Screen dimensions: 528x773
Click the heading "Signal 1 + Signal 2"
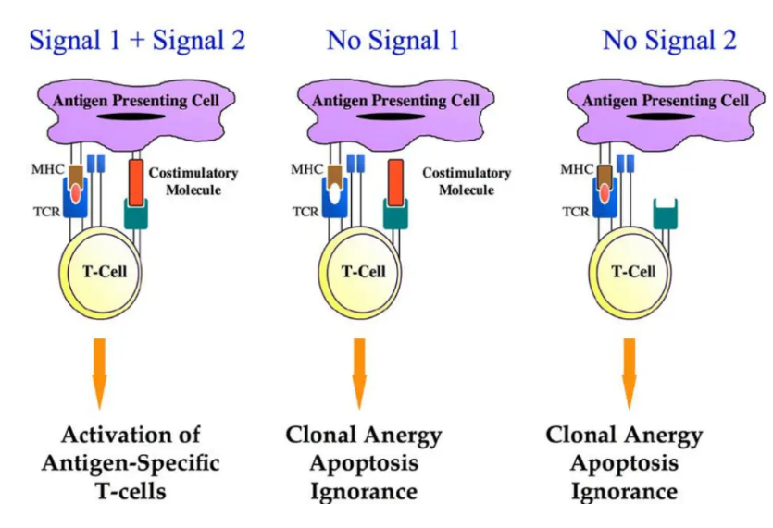[x=137, y=41]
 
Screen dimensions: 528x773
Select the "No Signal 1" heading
[x=393, y=41]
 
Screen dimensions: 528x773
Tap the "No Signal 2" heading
[x=669, y=41]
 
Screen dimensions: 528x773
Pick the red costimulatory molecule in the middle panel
[x=396, y=182]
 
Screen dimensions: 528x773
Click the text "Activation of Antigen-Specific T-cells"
[x=130, y=462]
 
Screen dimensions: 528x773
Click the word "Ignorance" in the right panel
[x=624, y=490]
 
